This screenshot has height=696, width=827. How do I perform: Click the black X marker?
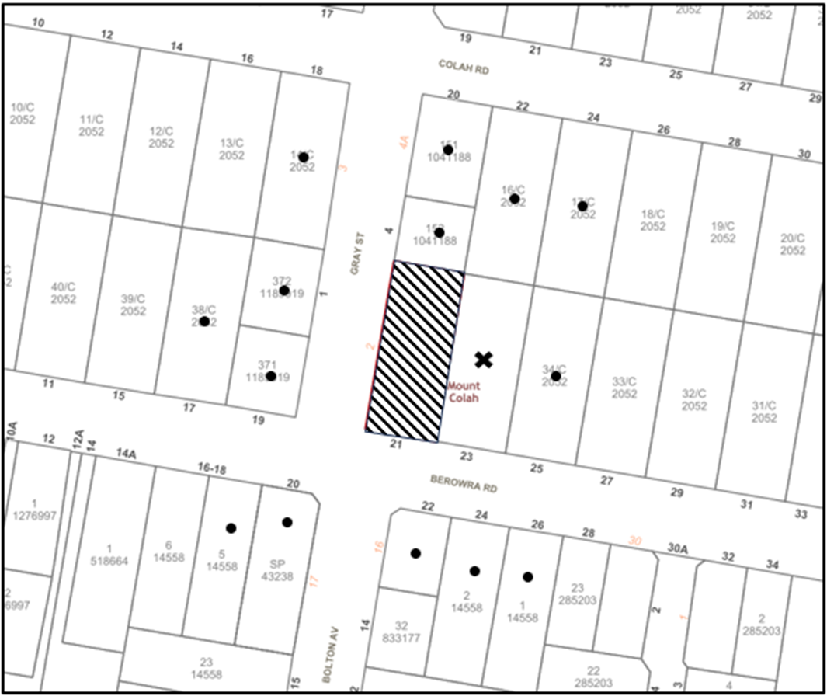tap(484, 359)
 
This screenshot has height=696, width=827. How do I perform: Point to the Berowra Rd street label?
tap(463, 484)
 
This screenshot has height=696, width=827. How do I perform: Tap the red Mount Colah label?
tap(464, 392)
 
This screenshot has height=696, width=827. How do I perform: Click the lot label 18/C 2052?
tap(653, 220)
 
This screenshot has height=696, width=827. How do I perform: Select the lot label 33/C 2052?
tap(624, 388)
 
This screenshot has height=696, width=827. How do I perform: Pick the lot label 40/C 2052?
tap(64, 292)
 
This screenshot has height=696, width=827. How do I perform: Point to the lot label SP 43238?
tap(278, 569)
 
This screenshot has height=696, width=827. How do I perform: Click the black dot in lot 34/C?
tap(556, 376)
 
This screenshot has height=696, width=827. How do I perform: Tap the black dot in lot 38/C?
tap(204, 321)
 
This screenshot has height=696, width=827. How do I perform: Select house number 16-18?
tap(210, 468)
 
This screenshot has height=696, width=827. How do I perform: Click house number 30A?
tap(678, 548)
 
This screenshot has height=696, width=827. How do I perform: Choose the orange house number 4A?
tap(404, 142)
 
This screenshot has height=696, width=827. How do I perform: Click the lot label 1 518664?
tap(109, 555)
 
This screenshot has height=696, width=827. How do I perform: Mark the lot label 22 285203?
tap(593, 677)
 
